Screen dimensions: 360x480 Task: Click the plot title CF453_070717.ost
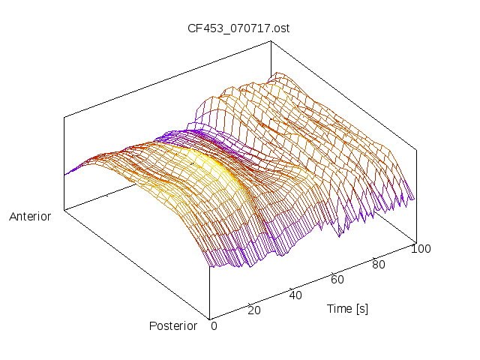238,29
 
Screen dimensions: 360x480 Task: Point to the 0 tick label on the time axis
214,325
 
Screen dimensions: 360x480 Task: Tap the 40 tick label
295,295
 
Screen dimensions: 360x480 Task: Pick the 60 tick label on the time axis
337,280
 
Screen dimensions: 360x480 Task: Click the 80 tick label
379,264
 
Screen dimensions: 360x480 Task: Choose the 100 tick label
421,249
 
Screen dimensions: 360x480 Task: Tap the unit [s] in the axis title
361,308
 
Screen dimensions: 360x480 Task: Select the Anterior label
30,217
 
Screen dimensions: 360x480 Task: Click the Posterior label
173,325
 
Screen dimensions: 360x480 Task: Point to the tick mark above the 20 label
250,302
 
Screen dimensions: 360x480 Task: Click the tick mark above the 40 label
291,287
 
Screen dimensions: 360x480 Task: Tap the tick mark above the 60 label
333,272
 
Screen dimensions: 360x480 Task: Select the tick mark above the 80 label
374,257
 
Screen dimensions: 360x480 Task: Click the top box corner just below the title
269,41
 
